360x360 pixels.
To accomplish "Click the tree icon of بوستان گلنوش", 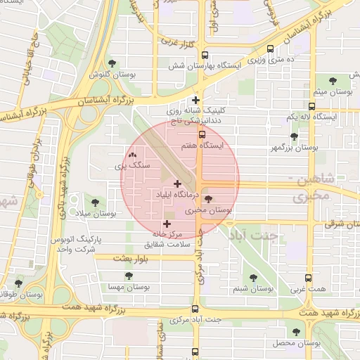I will click(112, 64).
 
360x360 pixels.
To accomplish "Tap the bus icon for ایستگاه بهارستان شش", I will click(205, 56).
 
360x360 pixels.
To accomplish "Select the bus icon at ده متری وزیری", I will click(271, 49).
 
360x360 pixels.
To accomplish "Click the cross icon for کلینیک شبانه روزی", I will click(196, 101).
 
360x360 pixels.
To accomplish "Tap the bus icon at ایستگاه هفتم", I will click(202, 134).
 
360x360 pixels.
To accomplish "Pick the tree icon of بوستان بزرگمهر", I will click(294, 138).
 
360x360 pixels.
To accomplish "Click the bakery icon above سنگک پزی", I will click(132, 155).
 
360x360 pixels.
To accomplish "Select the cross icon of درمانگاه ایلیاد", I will click(176, 184).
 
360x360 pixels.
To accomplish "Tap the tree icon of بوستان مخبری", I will click(207, 200).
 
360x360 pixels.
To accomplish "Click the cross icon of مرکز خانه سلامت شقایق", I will click(166, 224).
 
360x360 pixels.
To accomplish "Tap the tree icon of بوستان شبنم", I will click(252, 278).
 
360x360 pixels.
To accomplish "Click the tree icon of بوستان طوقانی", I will click(18, 283).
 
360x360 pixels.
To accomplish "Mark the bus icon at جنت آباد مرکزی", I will click(195, 309).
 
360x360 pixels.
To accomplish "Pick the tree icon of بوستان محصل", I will click(295, 331).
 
